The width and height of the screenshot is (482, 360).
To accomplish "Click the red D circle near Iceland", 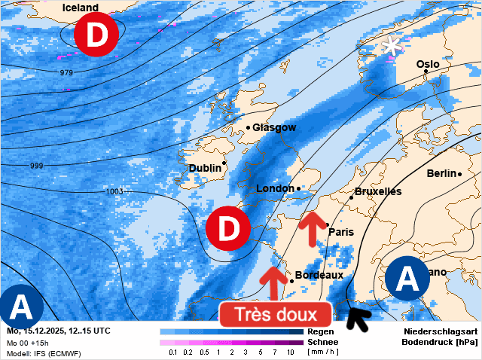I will pos(96,35).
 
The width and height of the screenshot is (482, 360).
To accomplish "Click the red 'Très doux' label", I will pos(275,314).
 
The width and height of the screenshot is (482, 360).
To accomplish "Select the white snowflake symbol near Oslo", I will pos(391,45).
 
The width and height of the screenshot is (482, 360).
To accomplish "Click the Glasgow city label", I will pos(274,127).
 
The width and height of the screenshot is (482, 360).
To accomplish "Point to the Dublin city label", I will pos(204,168).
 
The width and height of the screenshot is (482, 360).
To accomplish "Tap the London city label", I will pos(275,188).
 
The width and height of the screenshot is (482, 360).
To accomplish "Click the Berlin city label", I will pos(441,173).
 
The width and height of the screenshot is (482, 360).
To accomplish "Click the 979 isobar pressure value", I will pos(66,72).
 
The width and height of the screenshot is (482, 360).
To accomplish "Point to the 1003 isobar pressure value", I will pos(114,191).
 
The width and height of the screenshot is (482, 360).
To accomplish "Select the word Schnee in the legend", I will pos(323,342).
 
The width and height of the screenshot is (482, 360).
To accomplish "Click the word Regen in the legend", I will pos(321,331).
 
